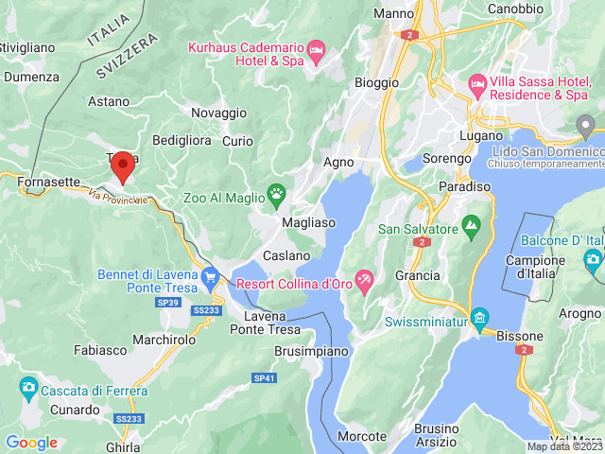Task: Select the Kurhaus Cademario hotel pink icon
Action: [317, 48]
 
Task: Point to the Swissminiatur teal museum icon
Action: [479, 316]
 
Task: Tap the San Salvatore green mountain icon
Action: [471, 228]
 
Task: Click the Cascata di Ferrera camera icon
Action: [28, 386]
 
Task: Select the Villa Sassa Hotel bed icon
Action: [477, 86]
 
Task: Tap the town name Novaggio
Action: [218, 113]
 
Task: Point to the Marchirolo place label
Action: [164, 339]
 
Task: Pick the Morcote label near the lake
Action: [363, 436]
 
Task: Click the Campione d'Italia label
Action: [535, 268]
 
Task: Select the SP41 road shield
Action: [265, 378]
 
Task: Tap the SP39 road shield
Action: [167, 303]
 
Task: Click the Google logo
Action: [31, 442]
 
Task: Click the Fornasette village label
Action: [48, 181]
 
